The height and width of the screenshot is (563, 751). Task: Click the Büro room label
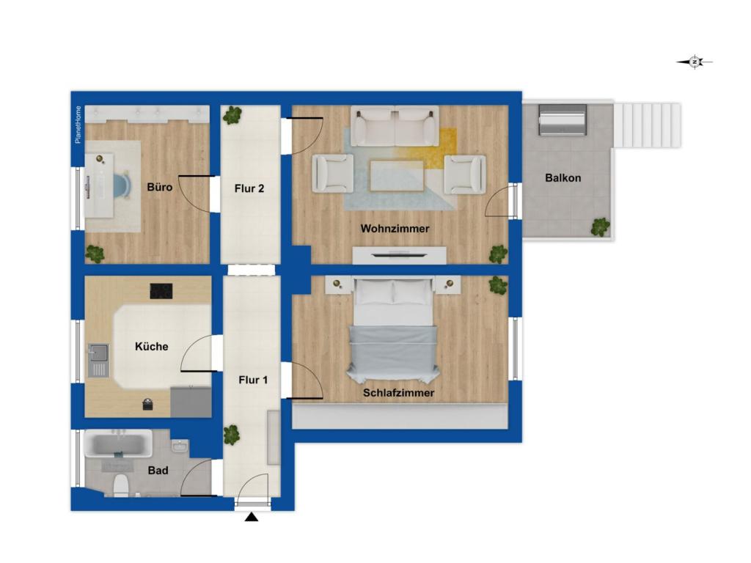159,187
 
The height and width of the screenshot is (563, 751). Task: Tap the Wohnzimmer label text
395,229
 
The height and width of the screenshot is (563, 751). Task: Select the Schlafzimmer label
398,393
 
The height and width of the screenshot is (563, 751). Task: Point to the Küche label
151,346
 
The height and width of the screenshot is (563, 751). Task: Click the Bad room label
158,470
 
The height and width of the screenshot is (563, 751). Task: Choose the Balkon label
563,177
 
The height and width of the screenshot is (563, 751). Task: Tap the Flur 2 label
249,188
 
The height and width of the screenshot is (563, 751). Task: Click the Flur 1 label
253,380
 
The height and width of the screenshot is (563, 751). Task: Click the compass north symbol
695,62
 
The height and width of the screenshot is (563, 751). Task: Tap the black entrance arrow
252,517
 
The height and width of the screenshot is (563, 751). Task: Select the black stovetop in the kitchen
161,291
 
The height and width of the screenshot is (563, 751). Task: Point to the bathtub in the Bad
118,444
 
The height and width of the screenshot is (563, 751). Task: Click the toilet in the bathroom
121,485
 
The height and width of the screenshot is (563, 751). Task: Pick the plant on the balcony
600,227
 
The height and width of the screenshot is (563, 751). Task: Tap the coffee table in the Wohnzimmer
397,176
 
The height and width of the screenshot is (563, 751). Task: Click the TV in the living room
398,254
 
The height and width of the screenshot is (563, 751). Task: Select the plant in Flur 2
232,115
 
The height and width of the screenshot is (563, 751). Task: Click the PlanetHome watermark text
78,125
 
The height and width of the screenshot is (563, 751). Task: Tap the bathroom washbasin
180,446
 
